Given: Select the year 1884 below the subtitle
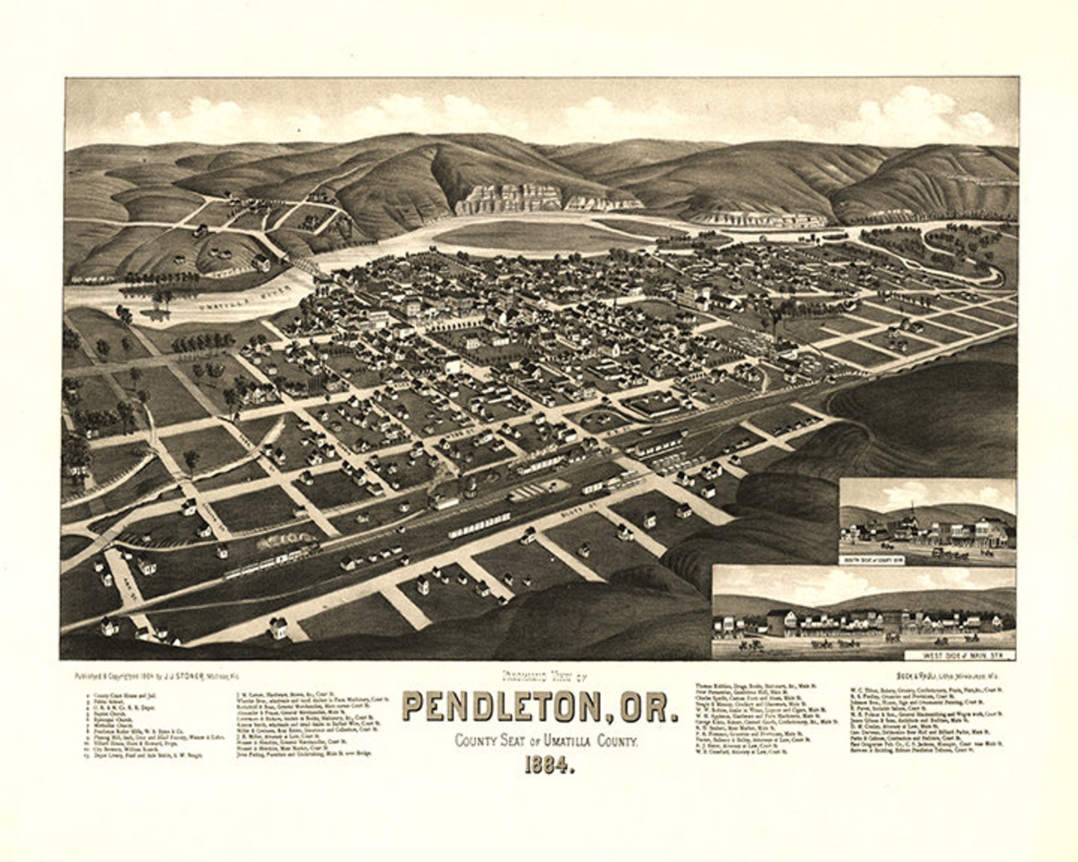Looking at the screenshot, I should pyautogui.click(x=549, y=765).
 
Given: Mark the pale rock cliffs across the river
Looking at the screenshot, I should pyautogui.click(x=509, y=197).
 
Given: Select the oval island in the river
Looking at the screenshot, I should pyautogui.click(x=536, y=236).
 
